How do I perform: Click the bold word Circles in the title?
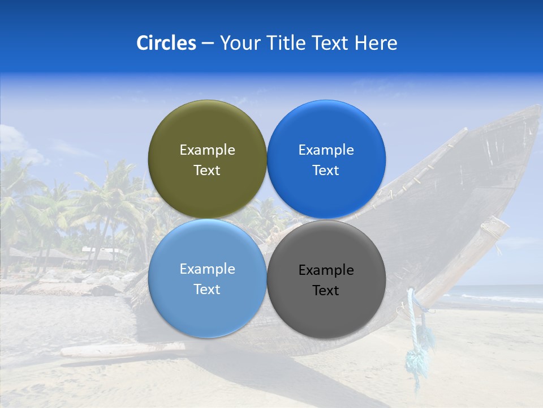click(x=166, y=43)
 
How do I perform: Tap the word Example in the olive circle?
click(x=207, y=150)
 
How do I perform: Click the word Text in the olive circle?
click(x=207, y=171)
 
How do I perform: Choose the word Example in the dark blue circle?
click(x=326, y=150)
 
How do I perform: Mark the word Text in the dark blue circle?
click(x=326, y=171)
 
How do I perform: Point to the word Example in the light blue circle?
click(x=207, y=269)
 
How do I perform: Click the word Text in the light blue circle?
click(x=207, y=290)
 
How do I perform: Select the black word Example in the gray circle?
click(x=326, y=270)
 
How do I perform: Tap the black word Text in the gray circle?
click(x=326, y=291)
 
